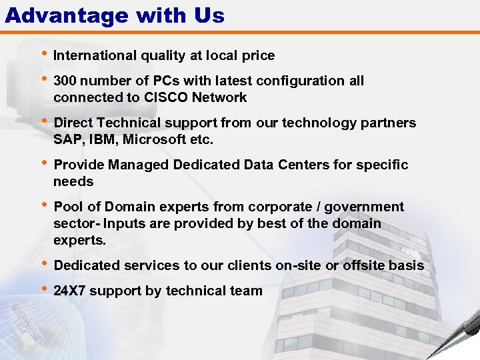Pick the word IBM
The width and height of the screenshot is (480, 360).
(100, 140)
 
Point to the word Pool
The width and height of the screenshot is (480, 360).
(67, 207)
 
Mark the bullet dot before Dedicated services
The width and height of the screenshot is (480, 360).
(44, 265)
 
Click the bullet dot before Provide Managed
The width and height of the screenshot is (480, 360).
(44, 164)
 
